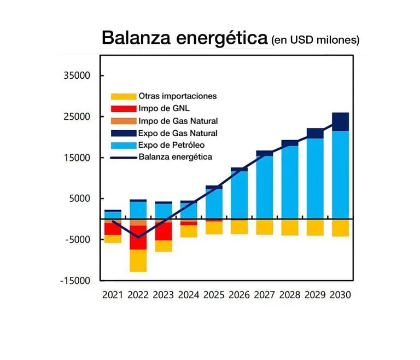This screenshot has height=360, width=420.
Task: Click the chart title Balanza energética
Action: tap(184, 38)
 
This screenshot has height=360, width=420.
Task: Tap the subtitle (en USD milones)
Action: tap(315, 39)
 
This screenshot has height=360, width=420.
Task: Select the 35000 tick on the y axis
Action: tap(77, 76)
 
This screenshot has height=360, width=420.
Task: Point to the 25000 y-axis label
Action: tap(77, 117)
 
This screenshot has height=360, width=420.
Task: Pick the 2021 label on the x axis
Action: tap(113, 295)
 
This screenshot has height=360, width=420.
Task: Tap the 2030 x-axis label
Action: tap(341, 295)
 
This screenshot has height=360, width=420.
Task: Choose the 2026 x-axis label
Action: tap(239, 295)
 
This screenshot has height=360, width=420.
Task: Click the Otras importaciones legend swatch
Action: tap(122, 96)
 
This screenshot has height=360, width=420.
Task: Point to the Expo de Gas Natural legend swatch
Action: tap(122, 133)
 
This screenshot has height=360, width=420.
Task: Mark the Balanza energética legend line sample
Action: tap(122, 158)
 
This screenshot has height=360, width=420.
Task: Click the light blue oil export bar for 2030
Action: tap(340, 175)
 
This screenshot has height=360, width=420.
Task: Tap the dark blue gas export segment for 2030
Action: tap(340, 122)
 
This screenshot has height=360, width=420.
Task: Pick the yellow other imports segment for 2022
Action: tap(138, 260)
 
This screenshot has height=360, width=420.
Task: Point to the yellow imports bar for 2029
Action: tap(315, 228)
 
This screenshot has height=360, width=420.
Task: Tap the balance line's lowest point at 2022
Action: tap(138, 237)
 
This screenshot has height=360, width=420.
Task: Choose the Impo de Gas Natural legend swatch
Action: tap(122, 121)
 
